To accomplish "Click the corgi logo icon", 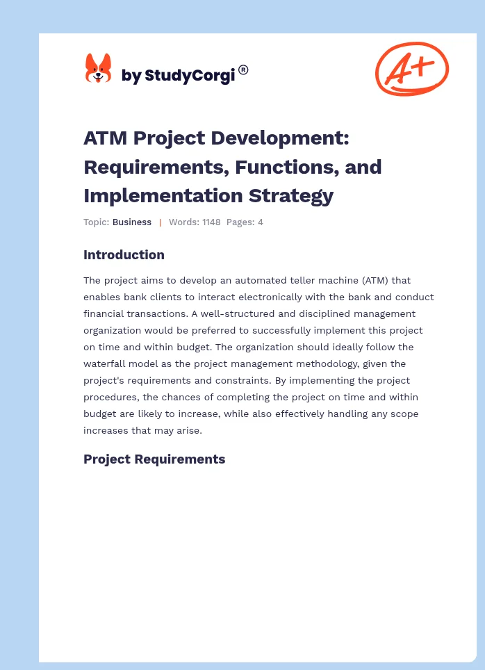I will click(98, 70).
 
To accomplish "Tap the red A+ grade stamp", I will click(411, 69).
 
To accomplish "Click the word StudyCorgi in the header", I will click(188, 75).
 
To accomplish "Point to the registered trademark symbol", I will click(243, 70).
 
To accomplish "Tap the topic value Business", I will click(132, 222).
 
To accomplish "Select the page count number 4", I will click(260, 222).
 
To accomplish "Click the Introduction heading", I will click(124, 255).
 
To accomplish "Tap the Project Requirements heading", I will click(154, 459).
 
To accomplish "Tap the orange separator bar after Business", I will click(160, 222).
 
